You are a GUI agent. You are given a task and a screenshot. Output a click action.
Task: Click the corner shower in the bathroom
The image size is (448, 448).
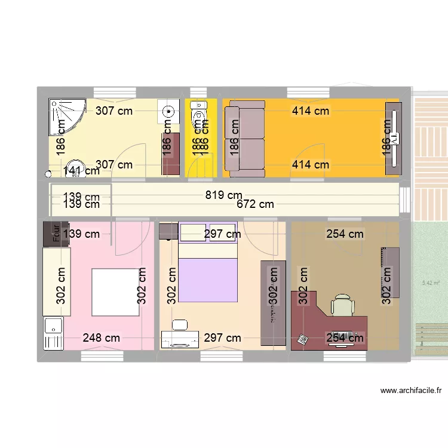pos(66,116)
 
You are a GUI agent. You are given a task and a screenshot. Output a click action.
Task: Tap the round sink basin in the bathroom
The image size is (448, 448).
pos(170,111)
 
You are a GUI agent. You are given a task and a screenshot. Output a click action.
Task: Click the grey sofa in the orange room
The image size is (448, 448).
pos(244,139)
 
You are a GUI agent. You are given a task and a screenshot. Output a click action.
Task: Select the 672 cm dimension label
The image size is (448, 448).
pos(255,204)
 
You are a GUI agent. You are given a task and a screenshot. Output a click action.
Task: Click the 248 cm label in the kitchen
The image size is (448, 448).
pos(102,338)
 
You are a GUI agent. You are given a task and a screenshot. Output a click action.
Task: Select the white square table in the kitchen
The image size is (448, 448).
pos(115,292)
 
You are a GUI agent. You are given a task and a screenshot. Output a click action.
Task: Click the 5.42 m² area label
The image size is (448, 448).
pos(431,283)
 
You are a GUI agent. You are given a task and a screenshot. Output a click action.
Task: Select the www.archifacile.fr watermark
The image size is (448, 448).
pos(411,391)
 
